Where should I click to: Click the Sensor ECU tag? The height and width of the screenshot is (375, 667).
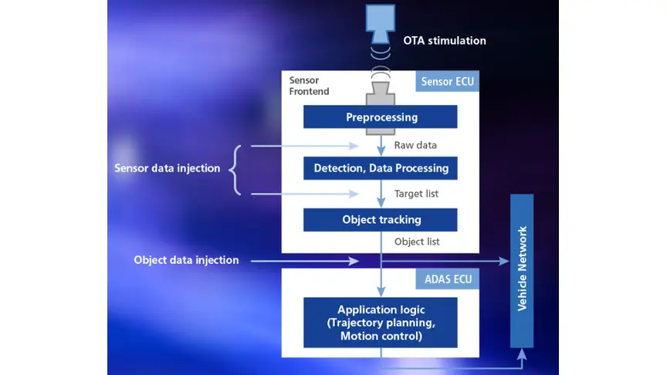click(448, 81)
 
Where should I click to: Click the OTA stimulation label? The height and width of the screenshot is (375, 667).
click(445, 40)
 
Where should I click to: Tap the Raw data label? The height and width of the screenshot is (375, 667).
click(416, 144)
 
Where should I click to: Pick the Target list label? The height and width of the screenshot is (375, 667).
click(416, 194)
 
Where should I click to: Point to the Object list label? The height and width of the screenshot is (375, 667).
click(417, 242)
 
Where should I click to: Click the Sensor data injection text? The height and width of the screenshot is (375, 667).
click(167, 168)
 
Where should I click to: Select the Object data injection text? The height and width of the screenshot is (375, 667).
click(186, 261)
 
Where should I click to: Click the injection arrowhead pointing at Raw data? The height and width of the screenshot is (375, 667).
click(356, 145)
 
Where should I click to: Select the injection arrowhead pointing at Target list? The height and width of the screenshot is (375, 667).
click(356, 194)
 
